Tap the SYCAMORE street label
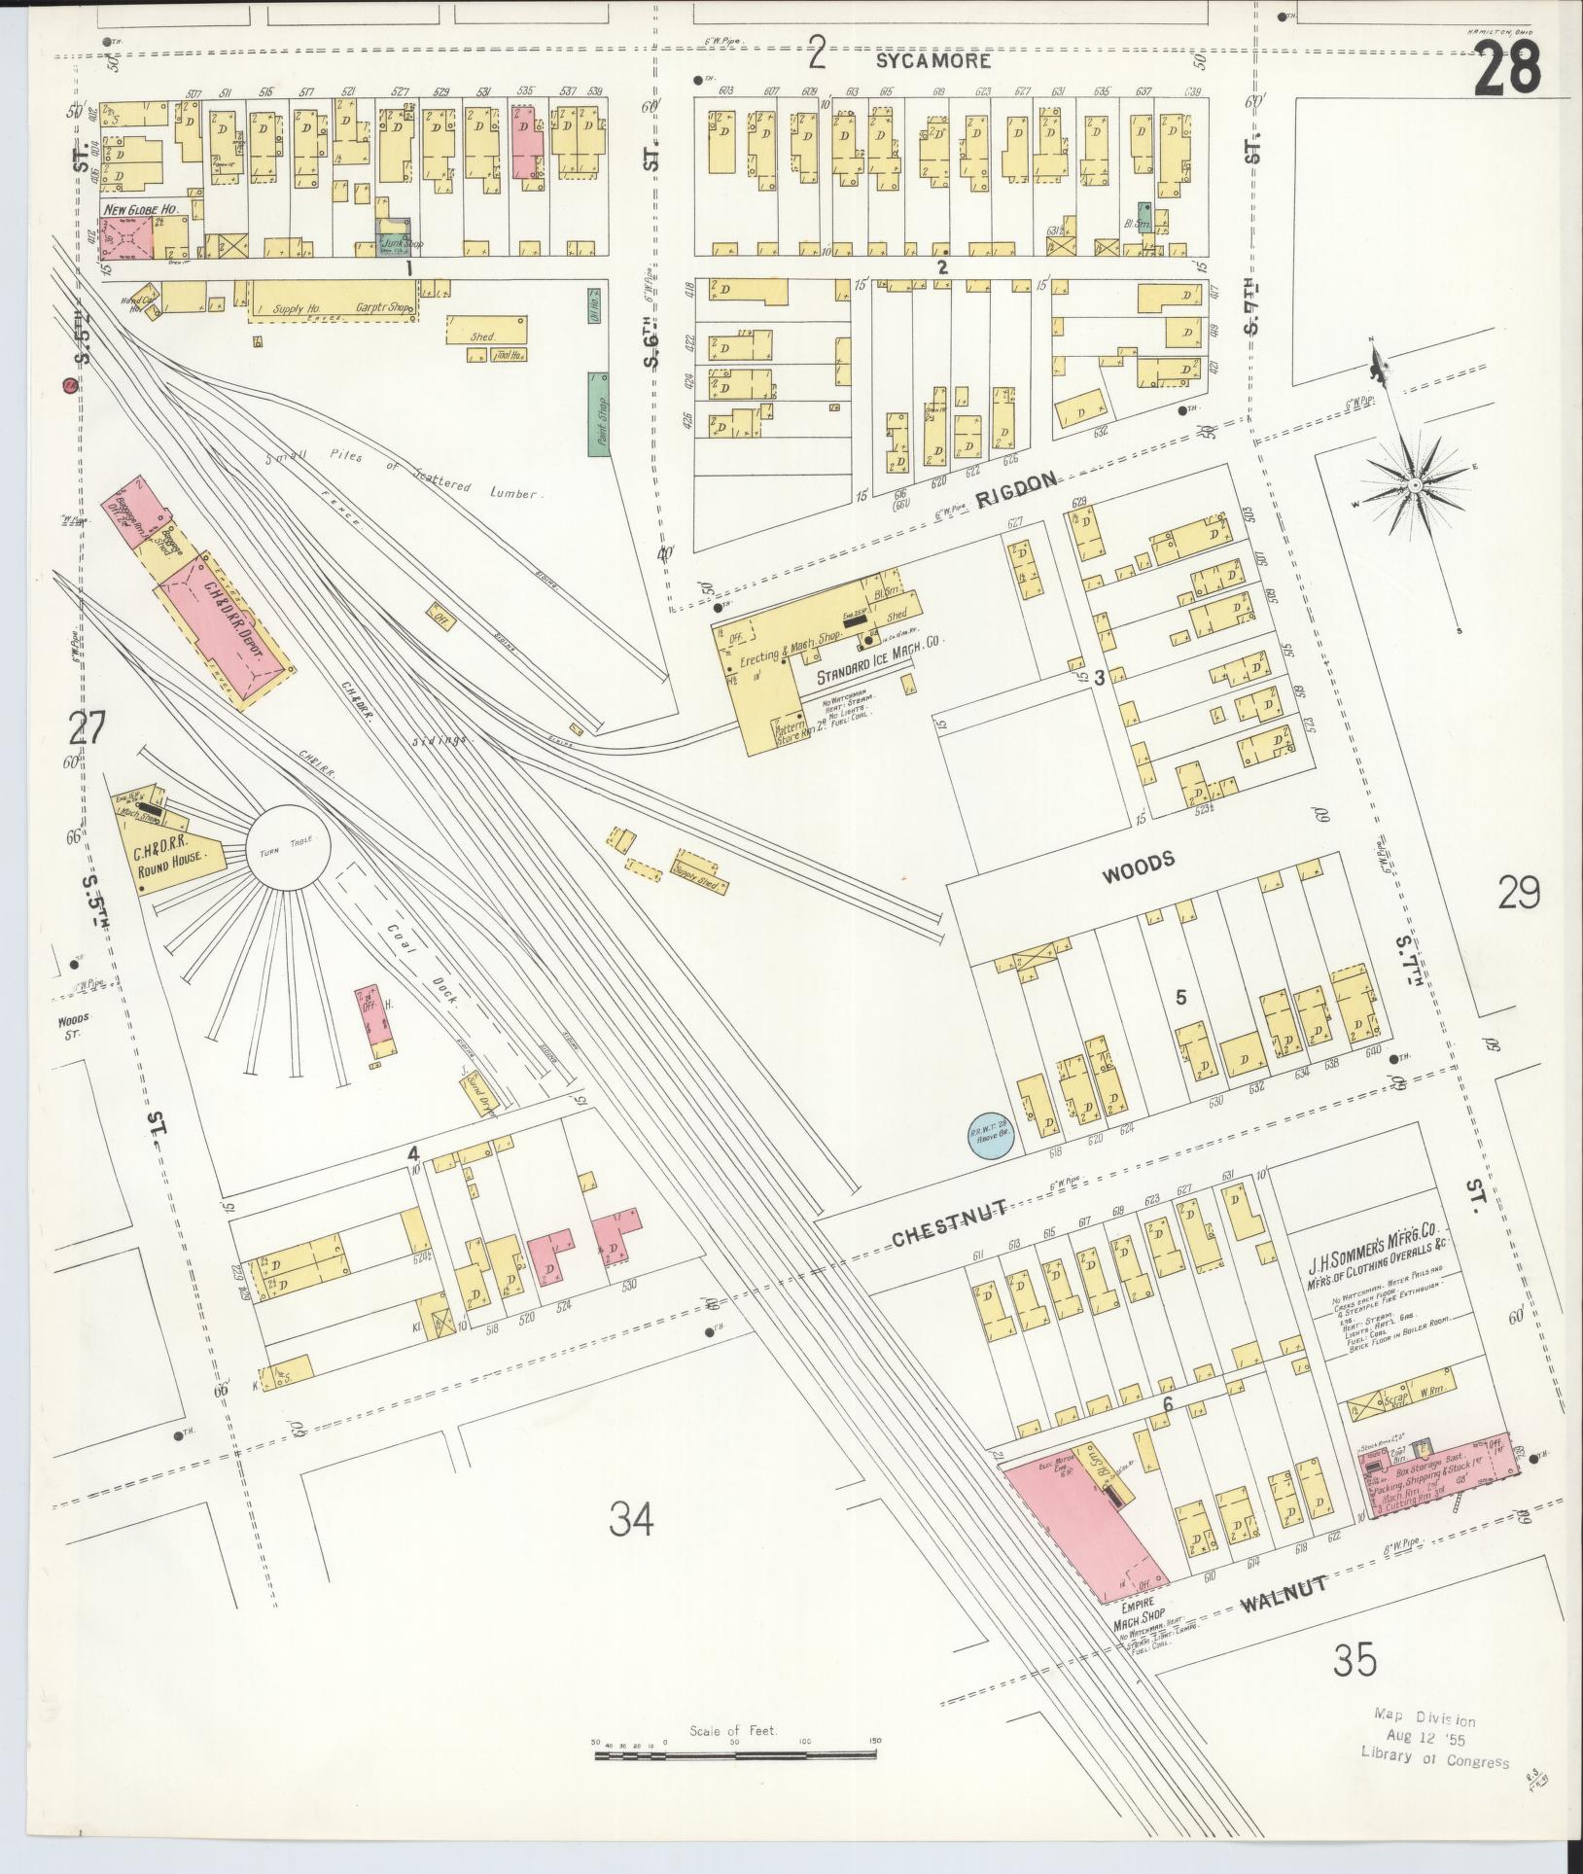pos(932,61)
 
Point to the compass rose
pos(1416,483)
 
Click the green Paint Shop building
pos(597,413)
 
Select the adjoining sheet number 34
pos(632,1516)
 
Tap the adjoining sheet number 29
pos(1519,891)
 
